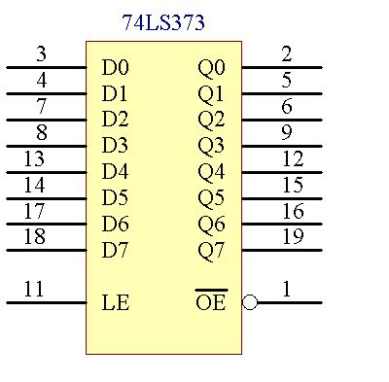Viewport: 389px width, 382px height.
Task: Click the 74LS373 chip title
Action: (164, 22)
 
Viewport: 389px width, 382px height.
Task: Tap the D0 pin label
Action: (115, 68)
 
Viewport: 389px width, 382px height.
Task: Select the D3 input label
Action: (115, 146)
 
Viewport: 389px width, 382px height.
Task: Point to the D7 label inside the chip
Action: (115, 250)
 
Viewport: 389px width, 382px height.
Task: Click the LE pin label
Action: (115, 302)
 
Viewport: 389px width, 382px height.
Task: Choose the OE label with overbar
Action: (210, 302)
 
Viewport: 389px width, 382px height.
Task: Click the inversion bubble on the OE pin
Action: (250, 302)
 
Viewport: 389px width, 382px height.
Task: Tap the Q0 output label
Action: (211, 68)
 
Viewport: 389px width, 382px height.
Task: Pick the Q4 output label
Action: (211, 172)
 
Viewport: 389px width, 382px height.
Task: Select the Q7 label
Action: (211, 250)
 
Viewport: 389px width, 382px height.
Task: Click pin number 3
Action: (41, 54)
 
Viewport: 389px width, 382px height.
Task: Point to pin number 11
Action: (34, 289)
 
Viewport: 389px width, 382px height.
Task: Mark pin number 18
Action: (34, 236)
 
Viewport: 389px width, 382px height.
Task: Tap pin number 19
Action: (293, 236)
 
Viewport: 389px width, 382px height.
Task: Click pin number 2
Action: (287, 54)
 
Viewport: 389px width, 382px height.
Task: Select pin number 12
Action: (293, 158)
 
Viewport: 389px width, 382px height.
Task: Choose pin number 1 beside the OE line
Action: (287, 289)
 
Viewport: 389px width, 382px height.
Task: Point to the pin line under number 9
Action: (282, 146)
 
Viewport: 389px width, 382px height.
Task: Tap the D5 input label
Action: (115, 197)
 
